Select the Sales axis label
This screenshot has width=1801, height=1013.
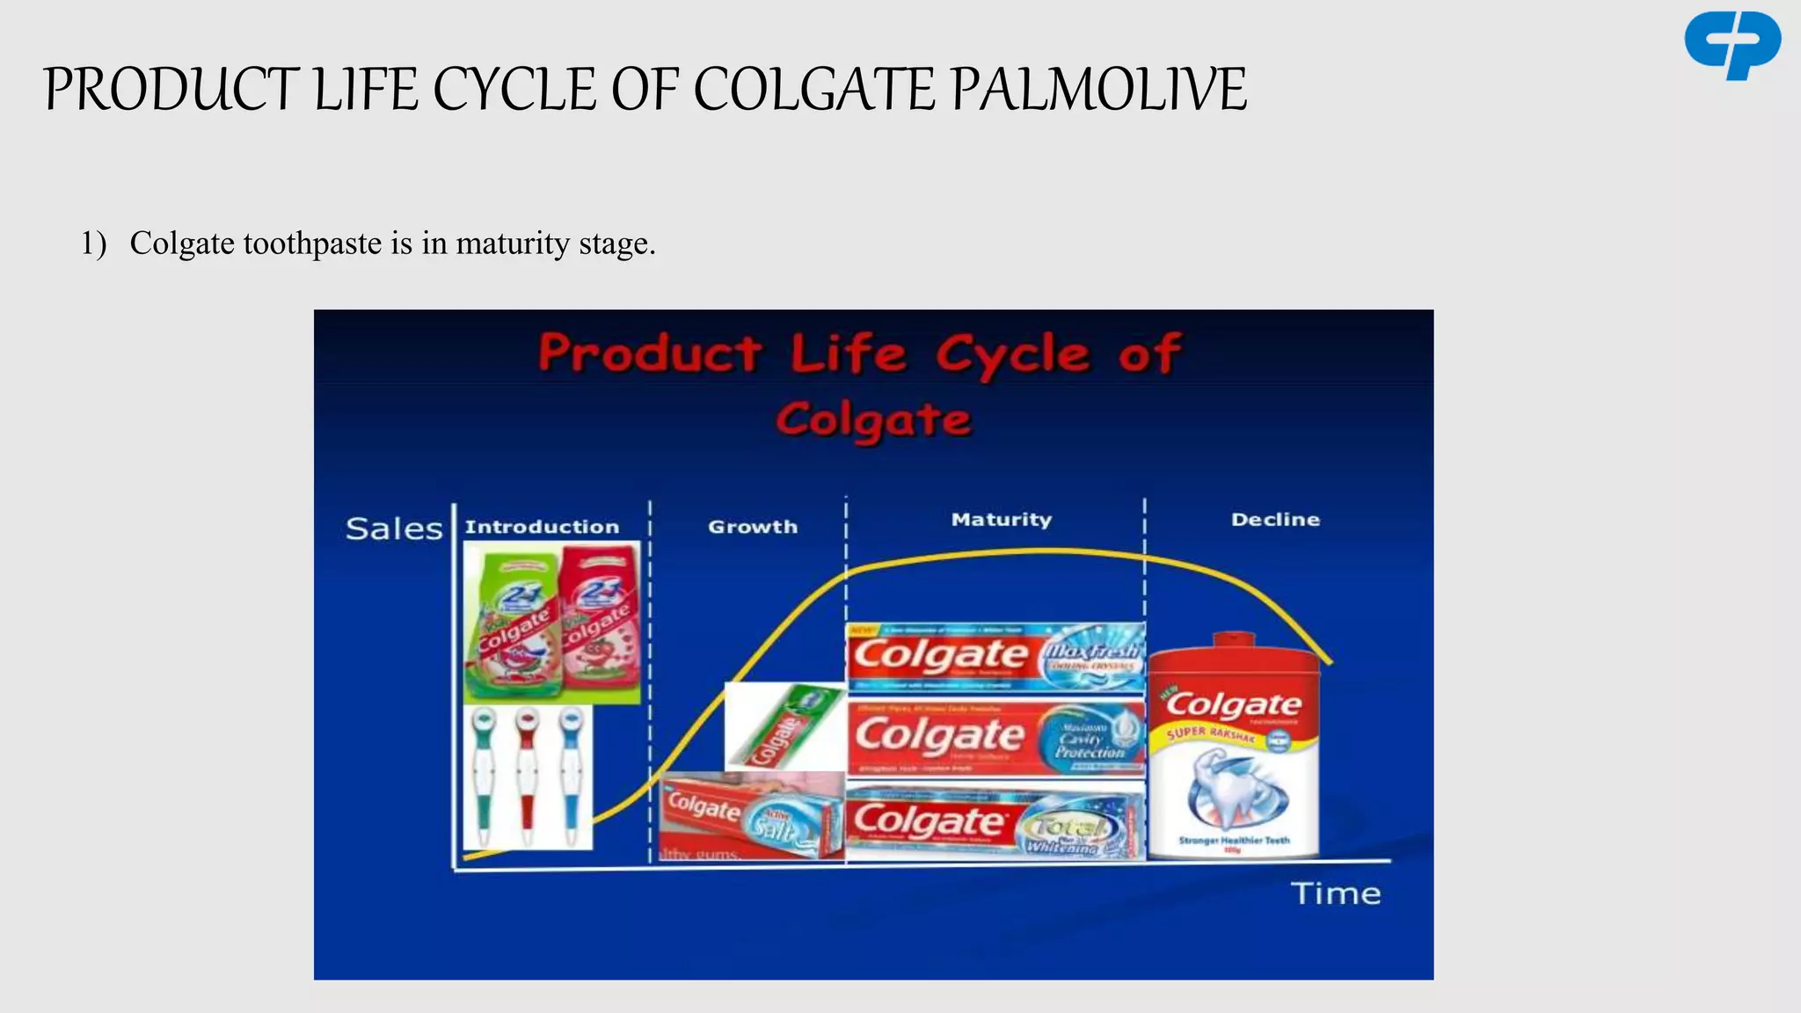(394, 528)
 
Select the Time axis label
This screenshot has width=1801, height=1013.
(1336, 893)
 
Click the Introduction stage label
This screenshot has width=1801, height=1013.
(542, 527)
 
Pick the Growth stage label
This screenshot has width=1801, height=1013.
(753, 527)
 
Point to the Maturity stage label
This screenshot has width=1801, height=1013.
(1001, 520)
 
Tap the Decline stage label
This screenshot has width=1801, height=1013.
(1275, 520)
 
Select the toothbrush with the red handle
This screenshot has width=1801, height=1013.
(527, 774)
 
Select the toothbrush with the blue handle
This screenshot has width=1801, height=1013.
(572, 774)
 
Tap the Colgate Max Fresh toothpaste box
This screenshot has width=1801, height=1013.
(995, 656)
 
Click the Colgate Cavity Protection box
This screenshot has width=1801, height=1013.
(995, 736)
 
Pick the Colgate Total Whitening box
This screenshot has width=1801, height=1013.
(995, 821)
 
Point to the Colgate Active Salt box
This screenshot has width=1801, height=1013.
(752, 816)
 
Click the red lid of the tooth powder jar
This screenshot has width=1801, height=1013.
(1233, 651)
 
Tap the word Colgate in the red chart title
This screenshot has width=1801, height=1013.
(873, 419)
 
